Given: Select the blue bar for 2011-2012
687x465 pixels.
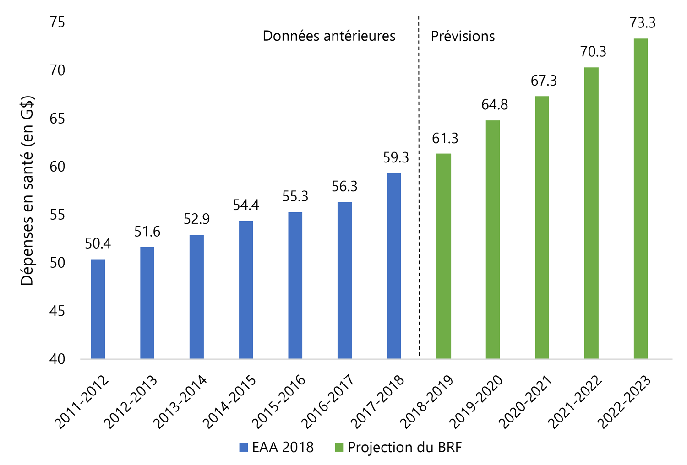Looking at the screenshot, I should coord(98,309).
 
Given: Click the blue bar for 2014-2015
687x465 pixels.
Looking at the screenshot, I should coord(246,290).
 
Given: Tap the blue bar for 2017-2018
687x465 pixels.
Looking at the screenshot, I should coord(394,266).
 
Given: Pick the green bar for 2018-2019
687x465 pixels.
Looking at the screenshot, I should coord(443,256).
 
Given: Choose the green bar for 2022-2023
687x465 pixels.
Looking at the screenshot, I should coord(641,199).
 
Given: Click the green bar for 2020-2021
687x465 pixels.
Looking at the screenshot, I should coord(542,227).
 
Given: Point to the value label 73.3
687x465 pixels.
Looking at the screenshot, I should coord(643,22).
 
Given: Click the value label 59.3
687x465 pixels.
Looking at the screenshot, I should coord(396,158).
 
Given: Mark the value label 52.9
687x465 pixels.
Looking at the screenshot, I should coord(196,219).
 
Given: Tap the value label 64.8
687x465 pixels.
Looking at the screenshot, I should coord(495,105).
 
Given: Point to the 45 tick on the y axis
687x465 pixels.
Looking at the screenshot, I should coord(57,311).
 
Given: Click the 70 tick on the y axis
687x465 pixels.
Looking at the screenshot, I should coord(57,70).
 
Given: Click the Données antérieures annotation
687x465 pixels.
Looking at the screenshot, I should coord(329,36).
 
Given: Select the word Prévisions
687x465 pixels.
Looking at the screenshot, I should coord(463,36).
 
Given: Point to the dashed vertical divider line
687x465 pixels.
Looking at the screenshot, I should coord(419,183).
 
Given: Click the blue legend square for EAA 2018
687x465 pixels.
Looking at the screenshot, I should coord(244,447).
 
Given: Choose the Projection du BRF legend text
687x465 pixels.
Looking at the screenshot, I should coord(404,447).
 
